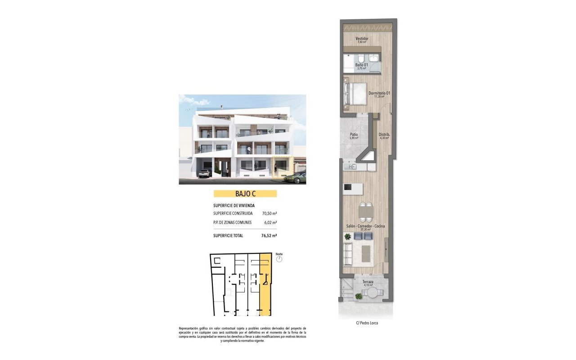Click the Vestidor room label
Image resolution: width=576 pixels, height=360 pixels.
click(362, 39)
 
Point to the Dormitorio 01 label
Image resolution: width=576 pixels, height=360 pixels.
click(378, 94)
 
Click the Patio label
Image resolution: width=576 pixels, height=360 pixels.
click(354, 135)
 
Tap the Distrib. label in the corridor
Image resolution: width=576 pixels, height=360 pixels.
click(383, 135)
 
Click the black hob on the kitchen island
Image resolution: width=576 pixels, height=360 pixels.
click(347, 187)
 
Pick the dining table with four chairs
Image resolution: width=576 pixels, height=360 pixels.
click(366, 211)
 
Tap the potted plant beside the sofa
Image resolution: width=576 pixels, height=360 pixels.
click(347, 236)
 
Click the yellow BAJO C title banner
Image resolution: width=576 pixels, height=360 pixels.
click(245, 193)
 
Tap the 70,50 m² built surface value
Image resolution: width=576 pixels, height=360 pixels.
click(269, 213)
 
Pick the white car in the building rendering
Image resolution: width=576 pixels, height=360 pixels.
click(205, 173)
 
